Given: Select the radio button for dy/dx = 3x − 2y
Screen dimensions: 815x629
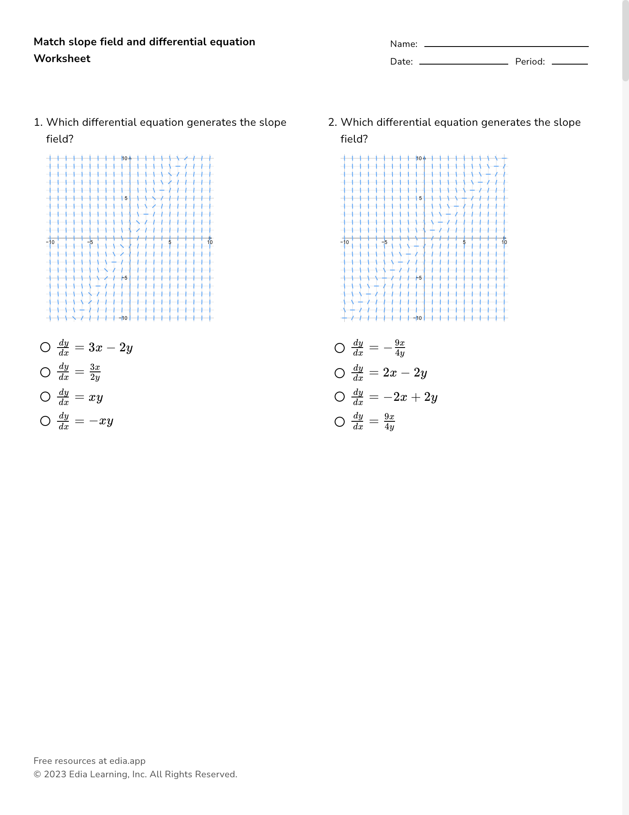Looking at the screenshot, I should [x=45, y=347].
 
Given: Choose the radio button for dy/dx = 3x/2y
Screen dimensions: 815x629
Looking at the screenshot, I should [x=45, y=372].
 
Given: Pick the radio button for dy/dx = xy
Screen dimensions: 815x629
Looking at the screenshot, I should [x=45, y=397].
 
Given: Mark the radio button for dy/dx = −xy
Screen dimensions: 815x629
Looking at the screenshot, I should [x=45, y=421].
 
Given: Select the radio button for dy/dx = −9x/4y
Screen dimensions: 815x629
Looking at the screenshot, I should [x=340, y=348].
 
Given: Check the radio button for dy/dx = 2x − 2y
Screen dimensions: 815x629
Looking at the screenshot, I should [x=340, y=373].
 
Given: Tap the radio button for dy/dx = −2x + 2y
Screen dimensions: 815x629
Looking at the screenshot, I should [x=340, y=397].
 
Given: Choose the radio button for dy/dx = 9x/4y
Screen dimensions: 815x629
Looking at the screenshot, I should [x=340, y=421].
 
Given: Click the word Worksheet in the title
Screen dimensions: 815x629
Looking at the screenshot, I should [x=62, y=59].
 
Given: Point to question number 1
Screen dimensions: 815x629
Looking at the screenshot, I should [x=38, y=122].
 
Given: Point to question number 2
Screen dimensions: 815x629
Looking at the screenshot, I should [x=333, y=122].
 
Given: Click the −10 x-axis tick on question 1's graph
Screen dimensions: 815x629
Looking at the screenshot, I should [x=50, y=242].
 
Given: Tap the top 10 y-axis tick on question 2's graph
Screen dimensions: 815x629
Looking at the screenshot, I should [x=419, y=158].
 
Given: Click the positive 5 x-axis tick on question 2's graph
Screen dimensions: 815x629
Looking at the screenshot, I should [x=464, y=242].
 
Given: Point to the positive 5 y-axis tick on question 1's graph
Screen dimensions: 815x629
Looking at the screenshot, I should [x=126, y=198].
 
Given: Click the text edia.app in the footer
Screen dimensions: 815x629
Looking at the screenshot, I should [x=127, y=761].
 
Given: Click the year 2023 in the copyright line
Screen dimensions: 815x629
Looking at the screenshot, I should [x=55, y=774].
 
